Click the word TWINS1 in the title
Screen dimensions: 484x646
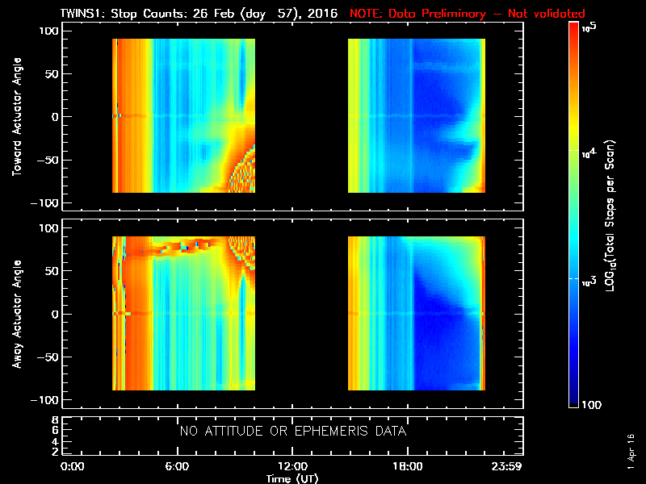tap(83, 14)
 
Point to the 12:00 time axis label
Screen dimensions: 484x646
tap(292, 467)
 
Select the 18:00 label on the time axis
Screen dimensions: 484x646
tap(406, 467)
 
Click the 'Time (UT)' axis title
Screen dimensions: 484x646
tap(292, 478)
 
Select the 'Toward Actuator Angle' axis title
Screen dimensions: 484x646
tap(16, 117)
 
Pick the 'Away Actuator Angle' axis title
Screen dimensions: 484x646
tap(16, 314)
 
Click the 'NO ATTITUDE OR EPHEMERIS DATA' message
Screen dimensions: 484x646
tap(292, 432)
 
